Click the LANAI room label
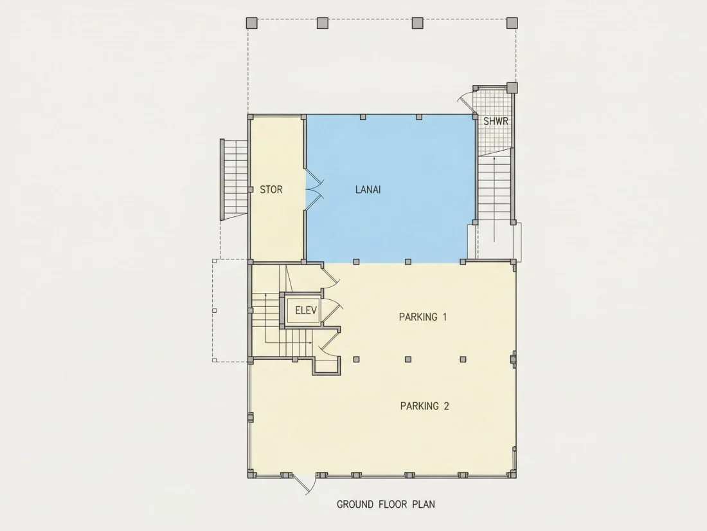[x=368, y=190]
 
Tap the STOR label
[x=271, y=190]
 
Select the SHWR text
[x=496, y=121]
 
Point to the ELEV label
[x=306, y=311]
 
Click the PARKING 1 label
[x=422, y=317]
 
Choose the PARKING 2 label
[x=424, y=406]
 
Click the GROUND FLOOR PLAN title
[x=386, y=504]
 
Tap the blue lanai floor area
[x=391, y=226]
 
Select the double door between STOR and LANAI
[x=314, y=190]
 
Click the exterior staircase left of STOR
[x=234, y=180]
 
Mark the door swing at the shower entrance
[x=465, y=102]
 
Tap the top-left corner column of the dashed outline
[x=251, y=23]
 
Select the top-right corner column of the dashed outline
[x=512, y=23]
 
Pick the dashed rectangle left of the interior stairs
[x=230, y=310]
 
